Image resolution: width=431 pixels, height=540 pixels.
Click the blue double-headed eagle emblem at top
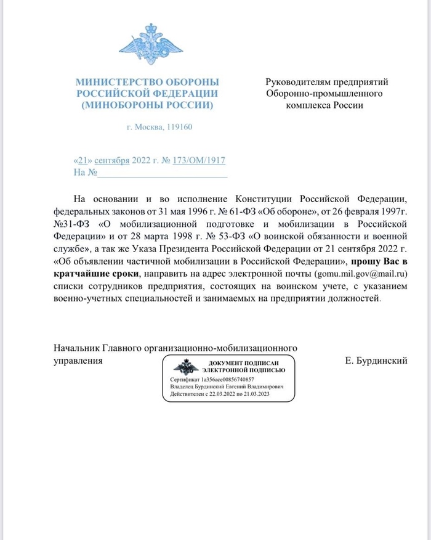pyautogui.click(x=147, y=44)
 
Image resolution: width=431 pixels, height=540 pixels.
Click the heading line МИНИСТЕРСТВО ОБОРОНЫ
pyautogui.click(x=147, y=82)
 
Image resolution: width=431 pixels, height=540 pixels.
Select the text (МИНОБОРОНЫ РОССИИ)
pyautogui.click(x=147, y=105)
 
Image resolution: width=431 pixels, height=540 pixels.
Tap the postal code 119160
pyautogui.click(x=179, y=128)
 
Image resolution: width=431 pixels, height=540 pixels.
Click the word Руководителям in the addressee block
pyautogui.click(x=300, y=82)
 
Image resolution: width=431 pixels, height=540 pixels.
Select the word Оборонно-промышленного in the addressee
pyautogui.click(x=324, y=94)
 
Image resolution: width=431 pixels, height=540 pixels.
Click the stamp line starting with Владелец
pyautogui.click(x=226, y=386)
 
